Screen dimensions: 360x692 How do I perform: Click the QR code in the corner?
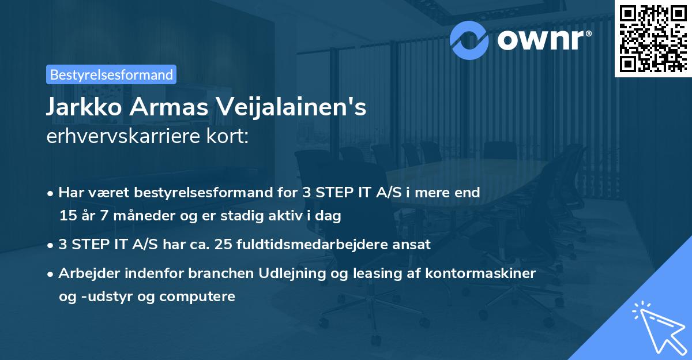tap(653, 38)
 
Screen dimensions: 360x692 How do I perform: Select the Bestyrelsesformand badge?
tap(111, 74)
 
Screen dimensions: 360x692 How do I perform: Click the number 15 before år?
tap(66, 216)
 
